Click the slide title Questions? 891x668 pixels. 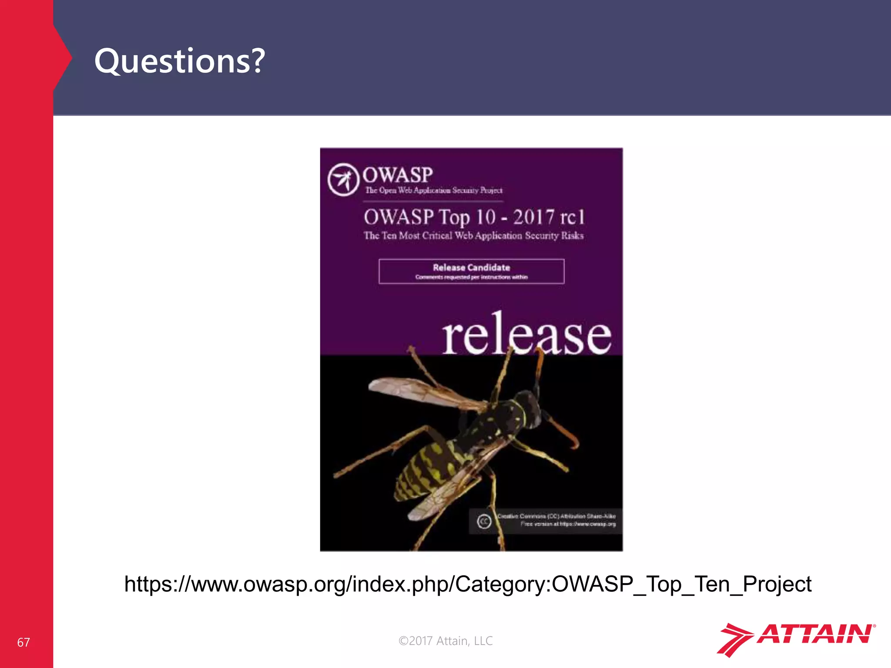tap(179, 61)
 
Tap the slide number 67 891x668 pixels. tap(23, 642)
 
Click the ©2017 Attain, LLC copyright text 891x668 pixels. tap(445, 641)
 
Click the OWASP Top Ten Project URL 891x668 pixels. tap(468, 584)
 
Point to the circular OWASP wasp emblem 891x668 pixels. tap(343, 180)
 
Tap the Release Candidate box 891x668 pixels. tap(471, 271)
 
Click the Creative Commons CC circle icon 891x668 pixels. tap(484, 521)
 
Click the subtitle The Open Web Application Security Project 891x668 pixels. tap(434, 190)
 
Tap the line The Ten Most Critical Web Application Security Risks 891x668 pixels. tap(473, 236)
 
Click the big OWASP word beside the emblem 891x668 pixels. tap(398, 175)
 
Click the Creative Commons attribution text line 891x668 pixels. tap(556, 516)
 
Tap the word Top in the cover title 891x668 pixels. tap(454, 217)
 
